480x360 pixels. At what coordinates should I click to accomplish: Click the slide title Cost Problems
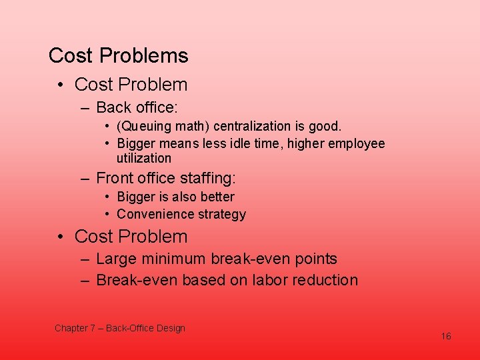click(x=119, y=56)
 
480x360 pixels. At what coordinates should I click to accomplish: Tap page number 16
click(x=446, y=336)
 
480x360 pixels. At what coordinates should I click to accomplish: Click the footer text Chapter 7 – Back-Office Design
click(x=120, y=328)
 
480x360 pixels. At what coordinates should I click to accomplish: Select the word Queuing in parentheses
click(x=143, y=126)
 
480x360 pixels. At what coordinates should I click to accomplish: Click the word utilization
click(x=144, y=158)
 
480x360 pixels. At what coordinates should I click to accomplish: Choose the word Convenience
click(x=151, y=214)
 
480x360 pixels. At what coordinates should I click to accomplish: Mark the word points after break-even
click(x=314, y=259)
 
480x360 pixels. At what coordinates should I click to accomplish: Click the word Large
click(x=117, y=259)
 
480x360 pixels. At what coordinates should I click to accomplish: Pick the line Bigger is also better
click(x=175, y=197)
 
